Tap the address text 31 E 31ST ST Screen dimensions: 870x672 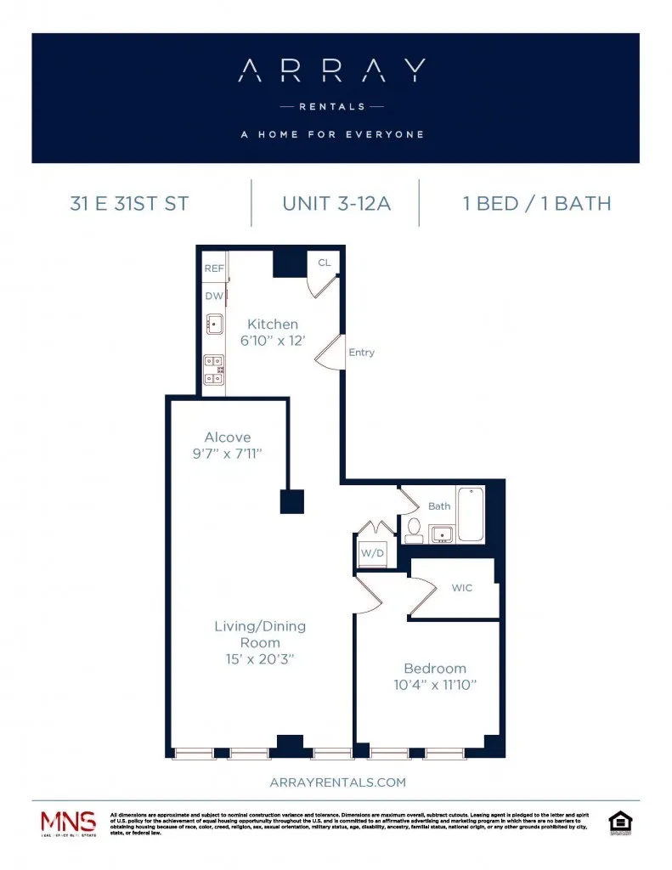(x=129, y=204)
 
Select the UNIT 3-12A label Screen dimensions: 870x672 (x=336, y=204)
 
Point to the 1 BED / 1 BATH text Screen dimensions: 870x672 (x=536, y=204)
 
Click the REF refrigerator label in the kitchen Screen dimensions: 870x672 (x=213, y=268)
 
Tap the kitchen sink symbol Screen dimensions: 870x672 (x=213, y=324)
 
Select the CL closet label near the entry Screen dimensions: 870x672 (x=324, y=263)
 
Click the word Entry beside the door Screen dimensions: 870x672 (x=361, y=353)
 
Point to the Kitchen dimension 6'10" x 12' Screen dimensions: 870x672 (x=273, y=341)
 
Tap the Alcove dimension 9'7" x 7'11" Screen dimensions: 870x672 (x=227, y=454)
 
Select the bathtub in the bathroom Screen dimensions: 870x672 (x=470, y=515)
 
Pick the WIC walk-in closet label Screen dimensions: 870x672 (x=462, y=587)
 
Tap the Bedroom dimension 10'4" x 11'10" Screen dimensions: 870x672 (x=435, y=685)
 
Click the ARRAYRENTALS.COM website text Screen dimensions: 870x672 (x=336, y=782)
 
